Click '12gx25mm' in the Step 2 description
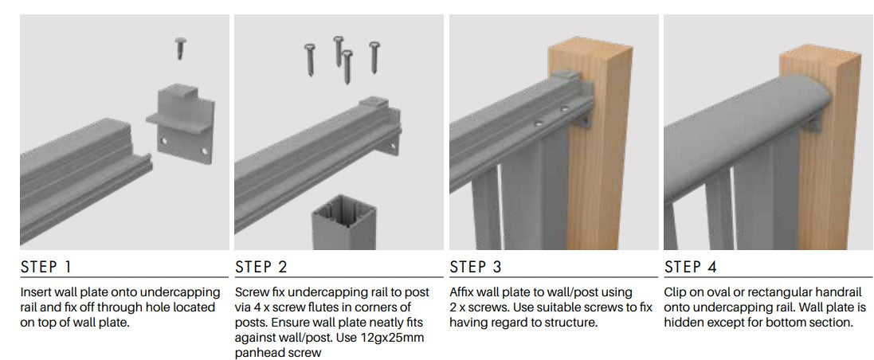pyautogui.click(x=402, y=338)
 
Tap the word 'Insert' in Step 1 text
pyautogui.click(x=37, y=292)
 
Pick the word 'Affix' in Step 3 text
pyautogui.click(x=463, y=292)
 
